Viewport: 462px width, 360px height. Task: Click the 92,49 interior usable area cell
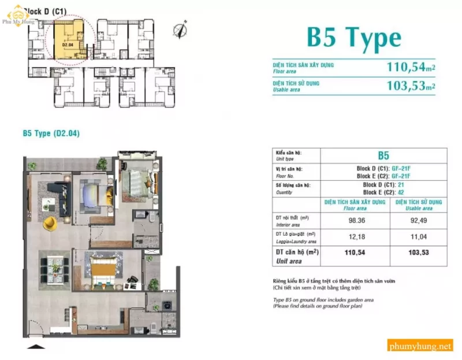[x=419, y=220]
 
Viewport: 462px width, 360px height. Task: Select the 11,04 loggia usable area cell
[x=419, y=237]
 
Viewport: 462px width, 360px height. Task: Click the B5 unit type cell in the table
[x=383, y=155]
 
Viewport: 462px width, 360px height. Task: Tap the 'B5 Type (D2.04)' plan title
[x=51, y=133]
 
